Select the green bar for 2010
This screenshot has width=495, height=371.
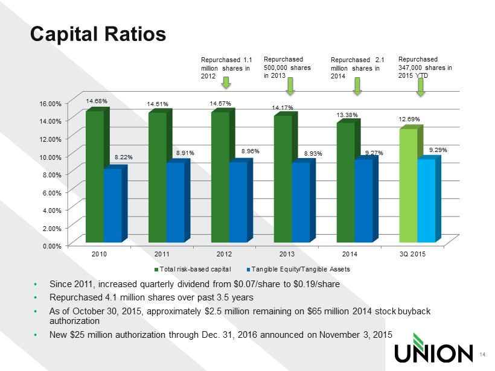pos(95,177)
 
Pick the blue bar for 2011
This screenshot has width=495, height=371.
pos(175,202)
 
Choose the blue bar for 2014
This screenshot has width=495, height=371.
pos(363,201)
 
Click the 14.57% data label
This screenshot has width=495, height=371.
pos(220,104)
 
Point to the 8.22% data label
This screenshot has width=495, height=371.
pos(123,157)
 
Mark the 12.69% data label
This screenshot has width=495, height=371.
pos(409,119)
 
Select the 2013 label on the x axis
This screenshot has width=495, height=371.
pos(287,255)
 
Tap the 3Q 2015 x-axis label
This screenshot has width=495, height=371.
pos(413,255)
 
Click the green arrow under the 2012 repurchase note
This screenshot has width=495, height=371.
pos(226,83)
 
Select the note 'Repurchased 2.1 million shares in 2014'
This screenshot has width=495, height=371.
pos(356,69)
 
